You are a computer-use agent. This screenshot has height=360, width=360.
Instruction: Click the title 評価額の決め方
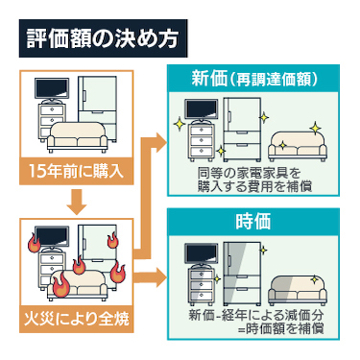click(x=102, y=39)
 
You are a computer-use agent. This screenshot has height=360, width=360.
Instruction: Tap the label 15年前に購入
click(x=76, y=171)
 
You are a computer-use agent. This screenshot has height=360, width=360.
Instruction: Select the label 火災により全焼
click(x=77, y=319)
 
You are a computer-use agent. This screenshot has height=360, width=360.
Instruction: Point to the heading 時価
click(x=252, y=221)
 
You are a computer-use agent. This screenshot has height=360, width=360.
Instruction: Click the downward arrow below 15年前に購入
click(x=78, y=202)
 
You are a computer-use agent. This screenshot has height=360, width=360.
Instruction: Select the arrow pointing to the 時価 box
click(x=150, y=276)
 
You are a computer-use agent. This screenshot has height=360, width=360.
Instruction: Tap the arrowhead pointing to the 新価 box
click(x=159, y=141)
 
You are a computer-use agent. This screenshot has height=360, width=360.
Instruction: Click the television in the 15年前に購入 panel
click(x=52, y=90)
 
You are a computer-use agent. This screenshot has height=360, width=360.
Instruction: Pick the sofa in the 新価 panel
click(x=298, y=147)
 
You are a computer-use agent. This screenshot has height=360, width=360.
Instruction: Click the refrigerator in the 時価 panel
click(x=242, y=274)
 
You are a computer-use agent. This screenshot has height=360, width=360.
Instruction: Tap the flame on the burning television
click(x=34, y=243)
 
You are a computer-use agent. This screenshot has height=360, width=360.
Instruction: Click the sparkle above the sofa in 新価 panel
click(x=315, y=129)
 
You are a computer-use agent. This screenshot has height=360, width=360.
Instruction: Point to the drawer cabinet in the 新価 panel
click(x=201, y=142)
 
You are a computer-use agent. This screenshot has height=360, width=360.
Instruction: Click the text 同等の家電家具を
click(x=249, y=173)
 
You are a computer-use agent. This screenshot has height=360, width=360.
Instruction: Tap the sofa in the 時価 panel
click(x=298, y=290)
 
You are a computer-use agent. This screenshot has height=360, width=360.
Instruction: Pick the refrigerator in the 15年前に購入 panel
click(x=98, y=108)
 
